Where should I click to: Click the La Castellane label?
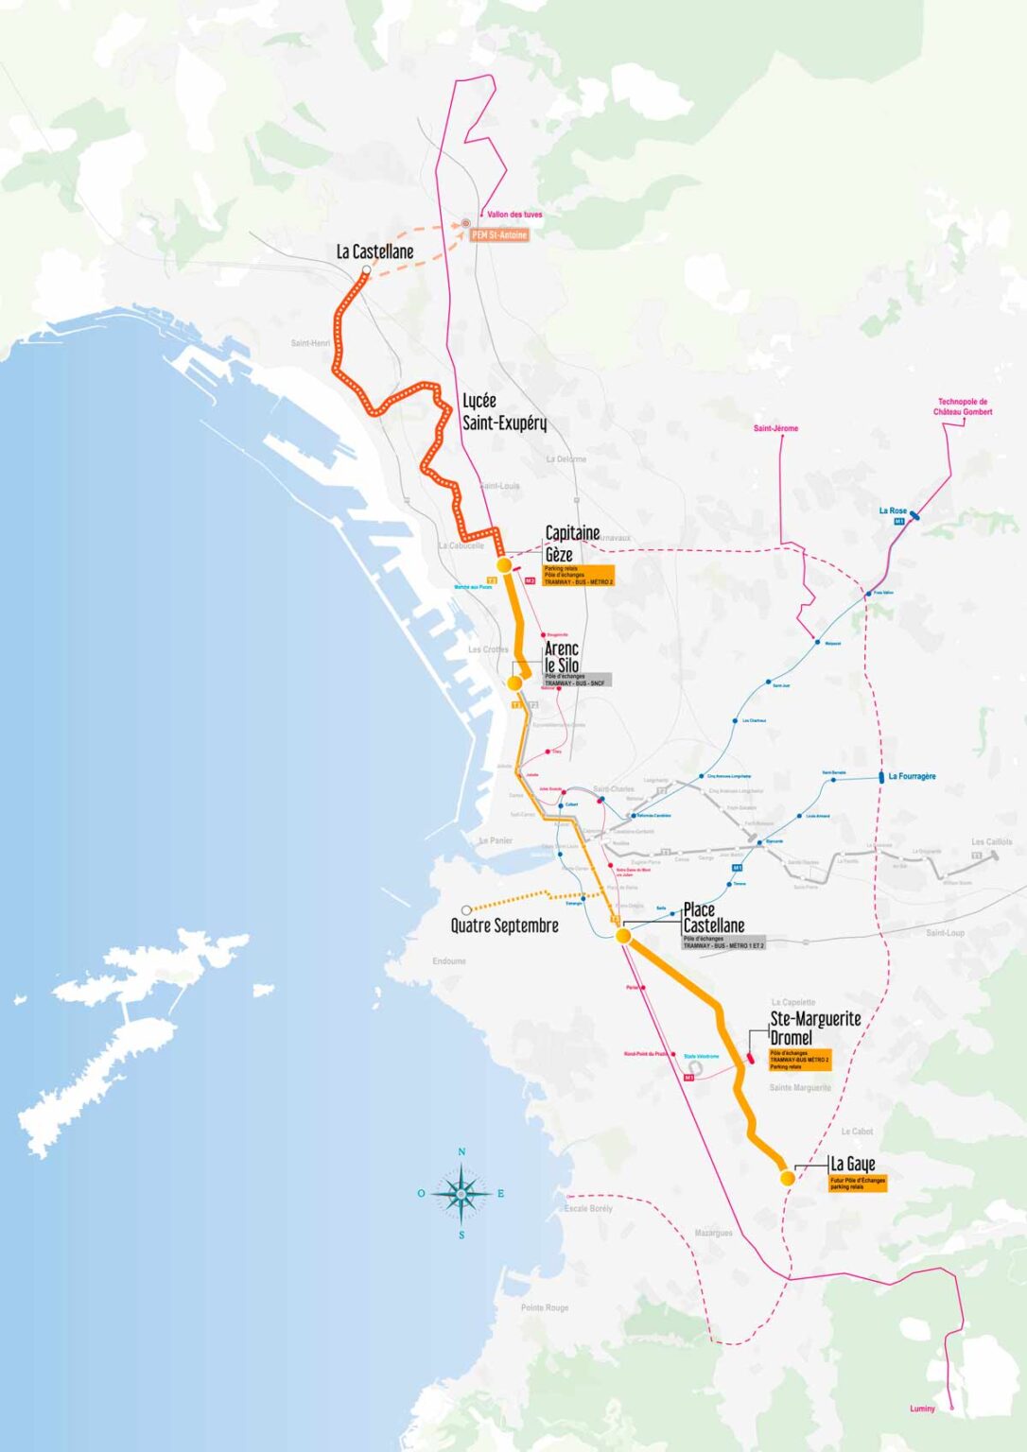click(x=374, y=251)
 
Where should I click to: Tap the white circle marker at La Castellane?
click(x=366, y=271)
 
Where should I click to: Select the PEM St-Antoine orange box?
click(x=499, y=234)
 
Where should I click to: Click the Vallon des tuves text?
click(x=514, y=215)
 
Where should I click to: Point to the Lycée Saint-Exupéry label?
click(x=503, y=412)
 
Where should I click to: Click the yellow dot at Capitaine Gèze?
click(x=504, y=564)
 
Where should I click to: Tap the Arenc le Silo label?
click(x=562, y=656)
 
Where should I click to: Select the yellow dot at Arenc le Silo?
click(x=514, y=683)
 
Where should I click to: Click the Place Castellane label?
click(x=713, y=918)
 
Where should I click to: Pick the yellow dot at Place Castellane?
click(x=623, y=936)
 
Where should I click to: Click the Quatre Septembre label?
click(x=504, y=925)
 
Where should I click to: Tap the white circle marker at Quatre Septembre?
click(x=466, y=910)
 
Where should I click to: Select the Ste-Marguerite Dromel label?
click(x=814, y=1028)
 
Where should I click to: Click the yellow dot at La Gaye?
click(x=787, y=1178)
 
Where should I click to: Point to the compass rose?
click(x=461, y=1194)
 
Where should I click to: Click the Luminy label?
click(x=922, y=1409)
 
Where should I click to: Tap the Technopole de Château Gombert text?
click(x=963, y=406)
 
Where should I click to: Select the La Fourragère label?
click(x=912, y=776)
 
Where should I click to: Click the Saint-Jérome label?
click(x=775, y=428)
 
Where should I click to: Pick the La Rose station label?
click(x=892, y=510)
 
